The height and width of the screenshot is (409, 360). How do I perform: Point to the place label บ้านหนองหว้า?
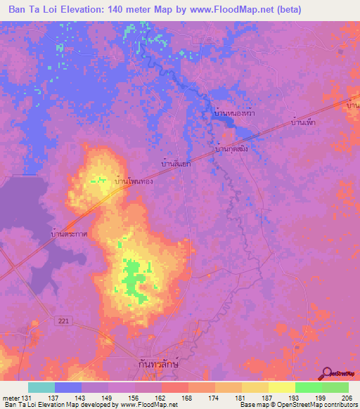tap(235, 112)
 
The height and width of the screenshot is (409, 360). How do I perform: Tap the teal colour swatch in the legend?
tap(41, 388)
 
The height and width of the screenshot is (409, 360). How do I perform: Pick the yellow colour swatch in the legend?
tap(281, 388)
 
